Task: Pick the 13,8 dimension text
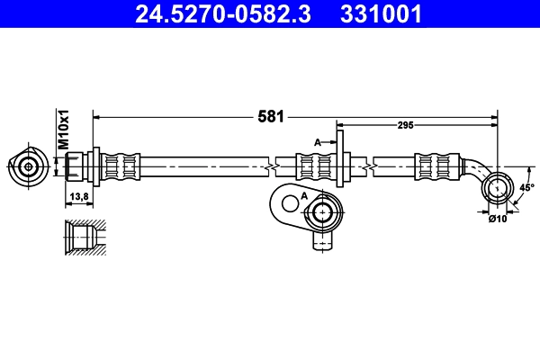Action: click(x=78, y=195)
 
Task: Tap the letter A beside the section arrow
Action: click(x=317, y=141)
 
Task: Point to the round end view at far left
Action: click(x=28, y=166)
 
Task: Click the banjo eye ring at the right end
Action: click(x=496, y=188)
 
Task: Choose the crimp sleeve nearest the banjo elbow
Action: click(x=434, y=166)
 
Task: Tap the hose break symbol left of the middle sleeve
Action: click(x=269, y=166)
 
